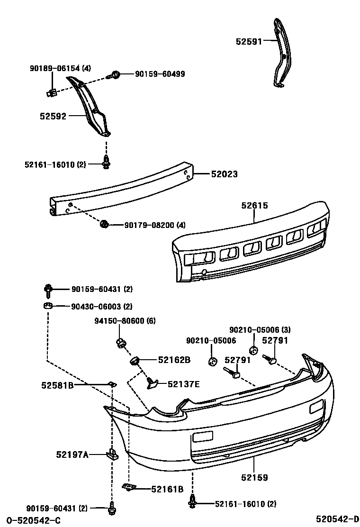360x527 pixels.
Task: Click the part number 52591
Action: click(x=249, y=41)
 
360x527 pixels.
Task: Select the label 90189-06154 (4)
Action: click(x=60, y=69)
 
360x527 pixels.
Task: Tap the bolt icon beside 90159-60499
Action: click(x=115, y=74)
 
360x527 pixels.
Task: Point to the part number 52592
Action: click(x=53, y=116)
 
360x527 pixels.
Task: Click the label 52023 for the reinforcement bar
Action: click(x=224, y=174)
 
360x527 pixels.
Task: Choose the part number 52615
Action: click(x=254, y=206)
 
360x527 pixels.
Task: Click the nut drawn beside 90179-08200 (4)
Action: click(x=105, y=224)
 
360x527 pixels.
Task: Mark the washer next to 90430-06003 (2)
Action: click(x=47, y=306)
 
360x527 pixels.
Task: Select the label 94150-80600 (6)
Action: click(x=124, y=321)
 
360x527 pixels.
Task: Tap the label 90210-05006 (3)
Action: click(x=260, y=329)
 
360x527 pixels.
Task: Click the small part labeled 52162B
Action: click(x=134, y=362)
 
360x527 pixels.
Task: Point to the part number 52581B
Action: click(x=57, y=385)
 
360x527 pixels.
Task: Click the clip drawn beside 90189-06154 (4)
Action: click(x=53, y=92)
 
